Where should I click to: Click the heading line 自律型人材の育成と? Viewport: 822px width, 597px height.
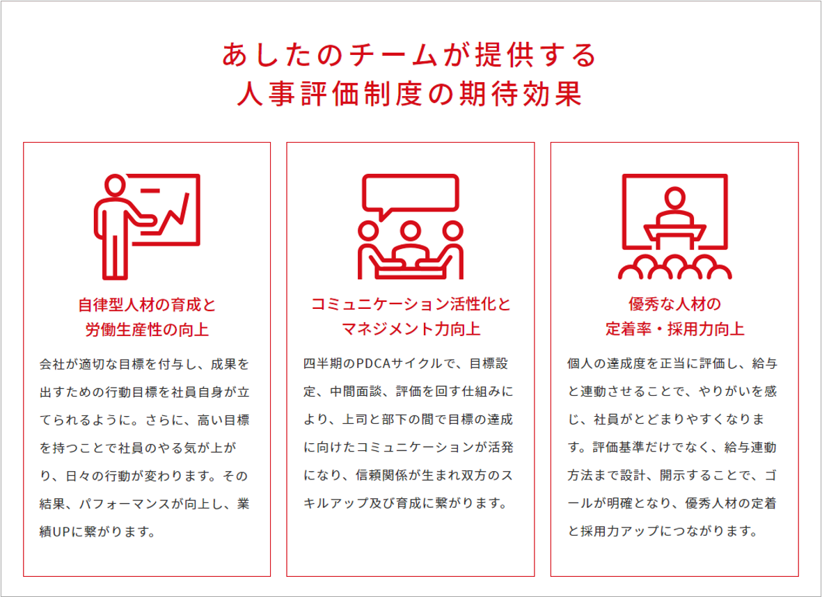coord(147,305)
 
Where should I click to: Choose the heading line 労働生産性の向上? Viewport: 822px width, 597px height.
coord(147,329)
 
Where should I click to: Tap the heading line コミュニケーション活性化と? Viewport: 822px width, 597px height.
coord(411,305)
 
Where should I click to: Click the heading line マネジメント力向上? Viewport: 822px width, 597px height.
coord(411,329)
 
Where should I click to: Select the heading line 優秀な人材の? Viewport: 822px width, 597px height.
coord(674,305)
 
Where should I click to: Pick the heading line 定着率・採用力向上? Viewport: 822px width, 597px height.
coord(674,329)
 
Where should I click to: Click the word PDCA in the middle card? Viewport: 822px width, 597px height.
coord(375,364)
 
